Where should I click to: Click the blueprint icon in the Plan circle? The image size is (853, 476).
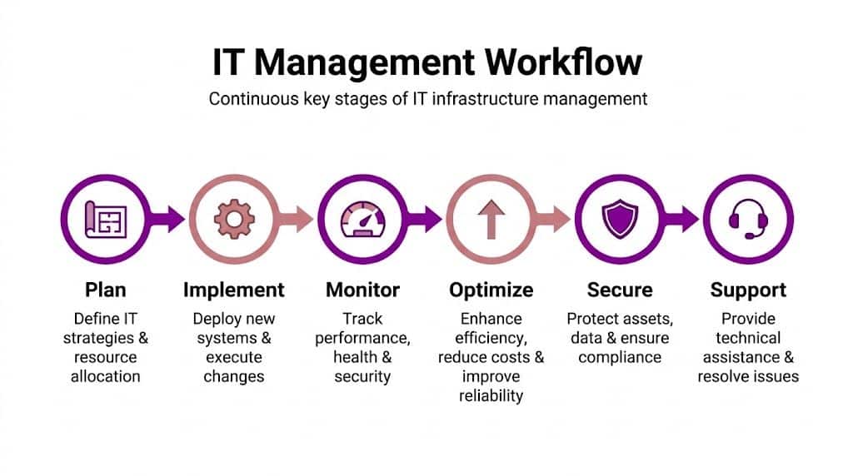pos(105,220)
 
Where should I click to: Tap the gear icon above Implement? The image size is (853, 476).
pos(234,220)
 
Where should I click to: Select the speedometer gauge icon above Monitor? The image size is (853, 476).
pos(362,221)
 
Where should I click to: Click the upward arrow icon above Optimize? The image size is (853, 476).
pos(491,221)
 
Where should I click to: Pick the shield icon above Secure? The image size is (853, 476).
pos(620,221)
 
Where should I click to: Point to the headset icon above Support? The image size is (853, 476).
pos(748,221)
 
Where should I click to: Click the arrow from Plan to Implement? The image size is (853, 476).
pos(172,220)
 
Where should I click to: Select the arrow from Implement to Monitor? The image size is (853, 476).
pos(299,220)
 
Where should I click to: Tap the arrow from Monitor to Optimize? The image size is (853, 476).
pos(428,220)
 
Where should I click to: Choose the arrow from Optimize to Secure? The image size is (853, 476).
pos(556,220)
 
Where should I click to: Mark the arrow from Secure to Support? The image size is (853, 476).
pos(685,220)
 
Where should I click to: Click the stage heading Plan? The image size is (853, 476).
pos(106,290)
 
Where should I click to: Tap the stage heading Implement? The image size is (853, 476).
pos(234,290)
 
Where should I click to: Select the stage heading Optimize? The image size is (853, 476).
pos(491,290)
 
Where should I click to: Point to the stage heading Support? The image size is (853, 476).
pos(748,290)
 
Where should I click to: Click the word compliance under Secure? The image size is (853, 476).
pos(620,357)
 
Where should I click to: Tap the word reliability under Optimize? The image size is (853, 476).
pos(491,395)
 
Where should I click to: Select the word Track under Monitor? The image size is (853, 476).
pos(362,319)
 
